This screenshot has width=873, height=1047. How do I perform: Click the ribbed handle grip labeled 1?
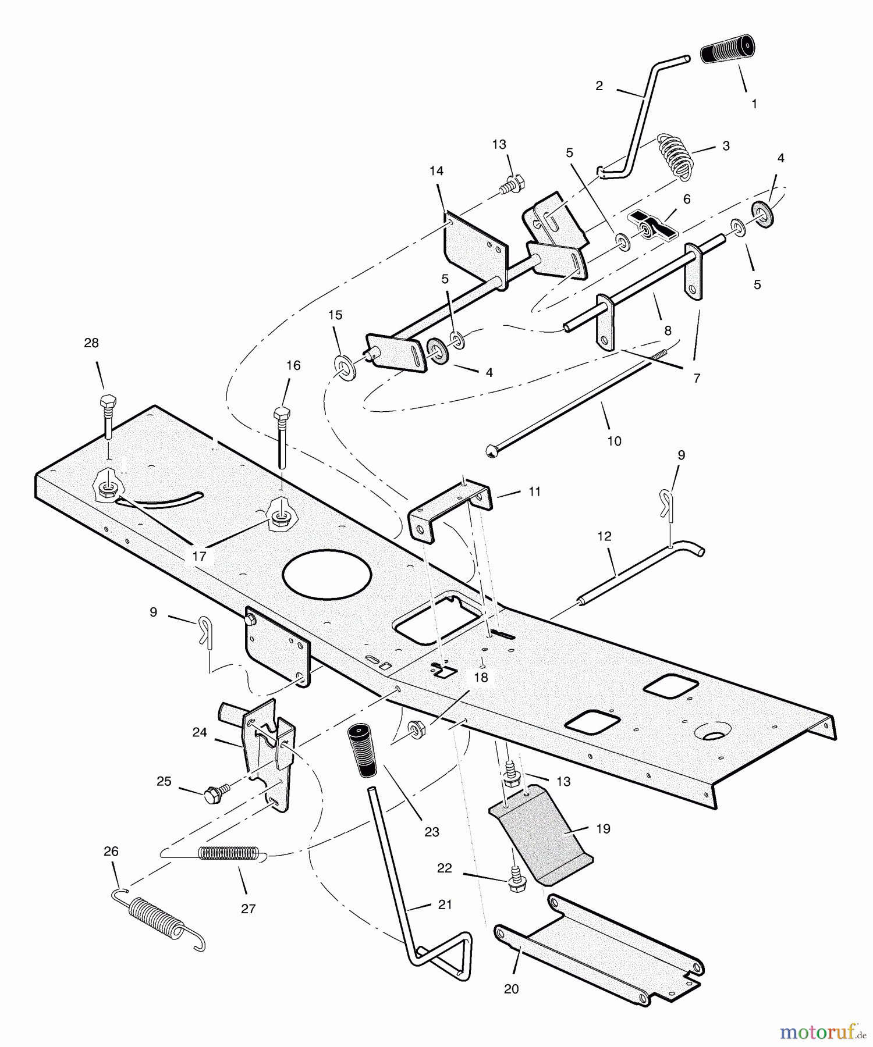click(x=727, y=49)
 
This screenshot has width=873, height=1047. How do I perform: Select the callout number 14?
click(x=436, y=170)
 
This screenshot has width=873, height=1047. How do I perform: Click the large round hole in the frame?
click(x=327, y=574)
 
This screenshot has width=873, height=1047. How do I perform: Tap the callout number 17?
click(x=199, y=556)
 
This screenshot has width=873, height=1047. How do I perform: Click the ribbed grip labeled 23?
click(x=361, y=750)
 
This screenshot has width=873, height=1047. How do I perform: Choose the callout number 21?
click(x=445, y=904)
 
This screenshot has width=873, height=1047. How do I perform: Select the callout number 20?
click(x=511, y=988)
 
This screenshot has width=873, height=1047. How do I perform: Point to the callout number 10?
click(x=614, y=441)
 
